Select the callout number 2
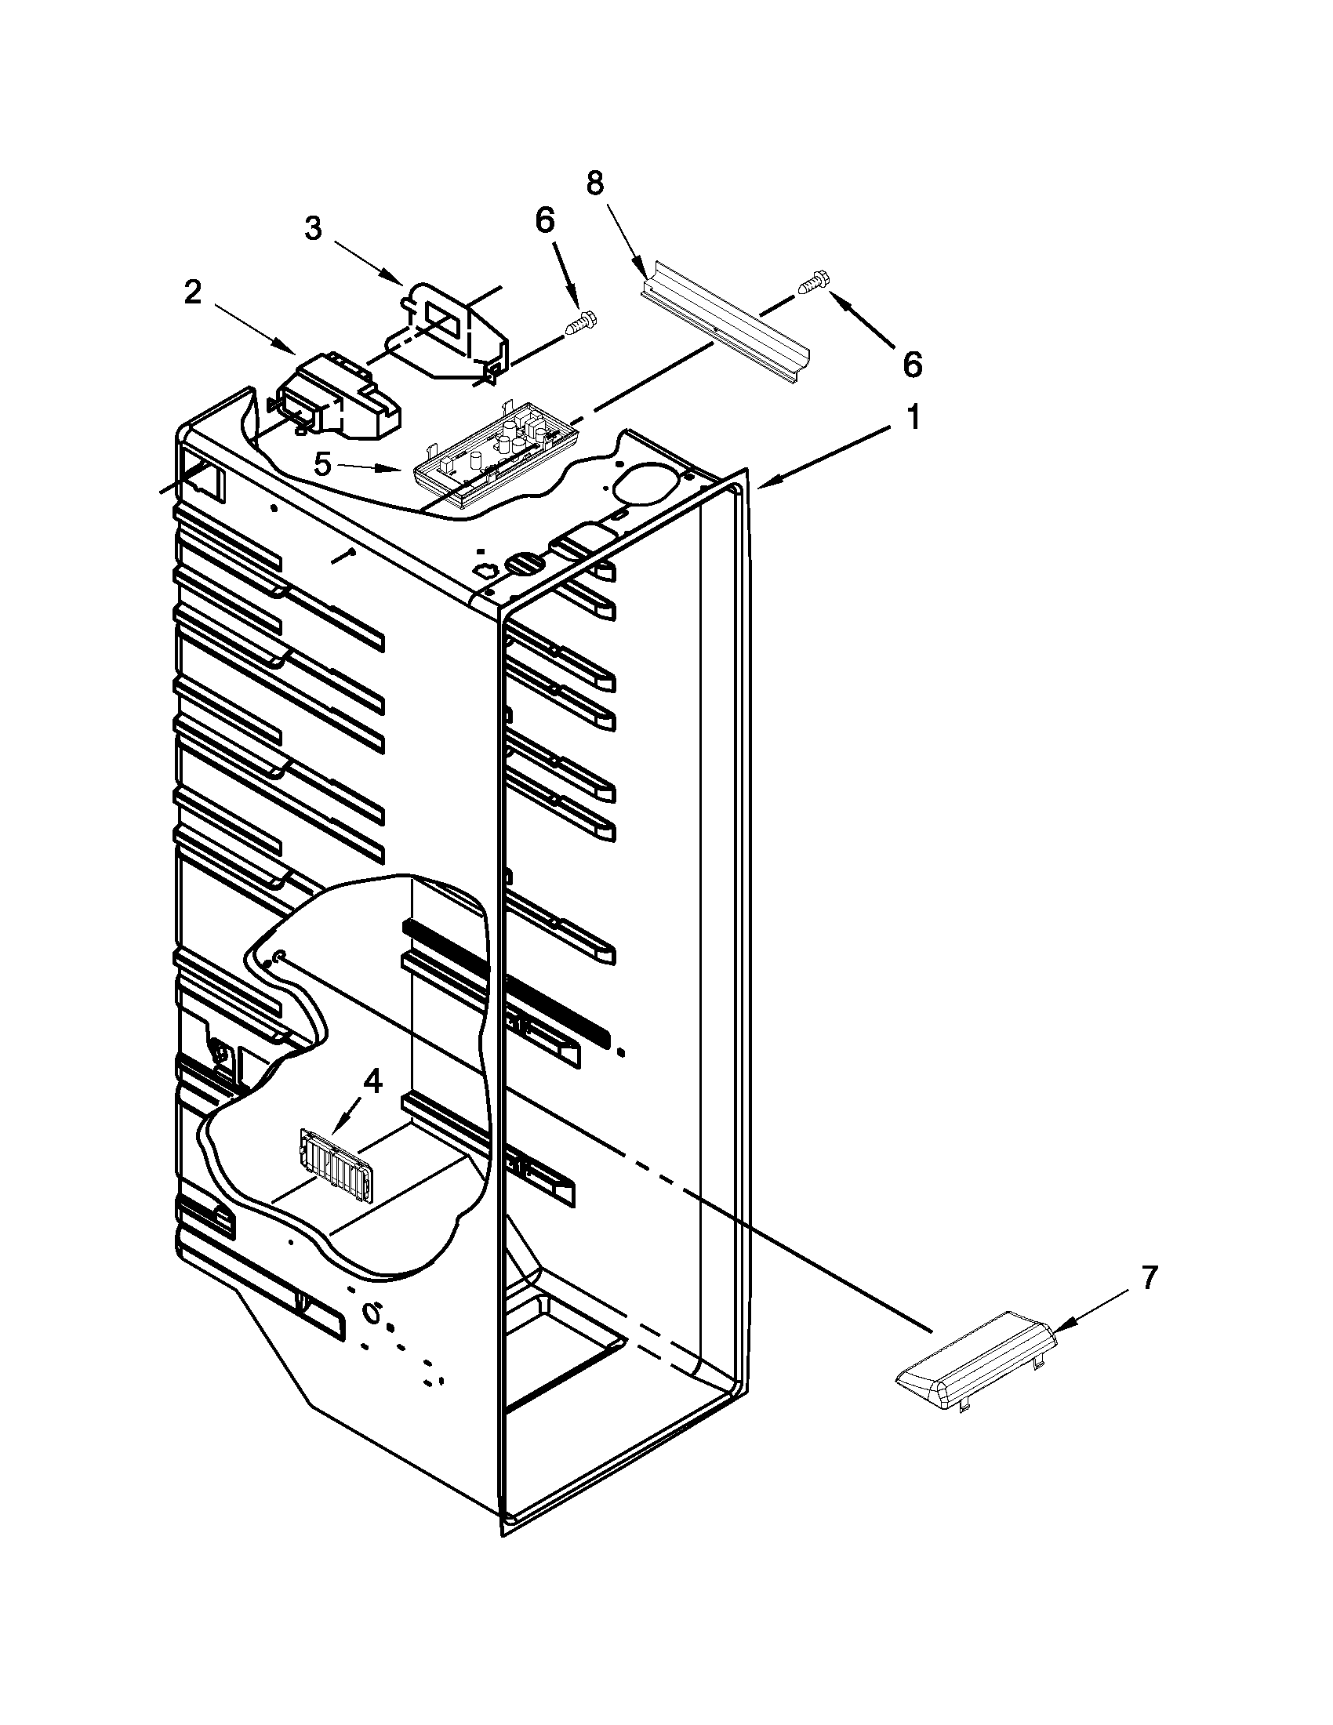click(193, 294)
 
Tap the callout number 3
click(314, 229)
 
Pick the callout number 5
click(322, 465)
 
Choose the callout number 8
click(594, 183)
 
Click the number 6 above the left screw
click(545, 222)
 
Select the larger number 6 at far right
click(911, 364)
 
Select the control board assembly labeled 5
click(494, 462)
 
